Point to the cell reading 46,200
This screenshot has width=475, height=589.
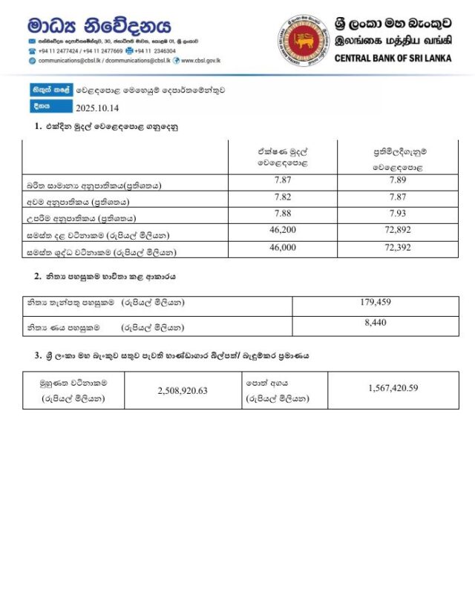pyautogui.click(x=282, y=231)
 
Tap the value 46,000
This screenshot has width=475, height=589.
pyautogui.click(x=282, y=249)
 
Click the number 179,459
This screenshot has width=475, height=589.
pyautogui.click(x=374, y=302)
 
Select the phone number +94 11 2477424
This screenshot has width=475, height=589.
pyautogui.click(x=59, y=50)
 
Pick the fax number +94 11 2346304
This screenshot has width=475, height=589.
pyautogui.click(x=155, y=50)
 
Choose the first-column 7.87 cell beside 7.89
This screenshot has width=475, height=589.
pyautogui.click(x=282, y=180)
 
